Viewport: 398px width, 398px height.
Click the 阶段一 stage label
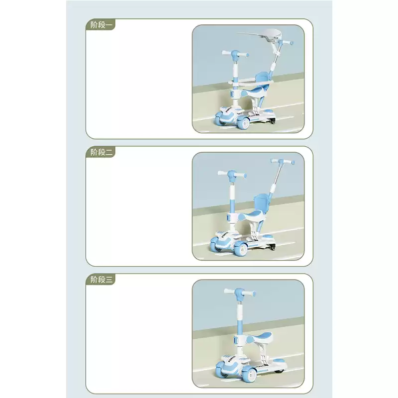(x=101, y=25)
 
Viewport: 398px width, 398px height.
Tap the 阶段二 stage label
(x=101, y=152)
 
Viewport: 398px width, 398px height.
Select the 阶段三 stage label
(x=101, y=280)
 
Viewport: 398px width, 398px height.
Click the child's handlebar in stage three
(x=240, y=293)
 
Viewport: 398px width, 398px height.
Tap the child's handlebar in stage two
(x=231, y=175)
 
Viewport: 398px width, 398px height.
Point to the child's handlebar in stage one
(x=235, y=54)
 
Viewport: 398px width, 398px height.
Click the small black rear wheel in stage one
(x=272, y=121)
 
